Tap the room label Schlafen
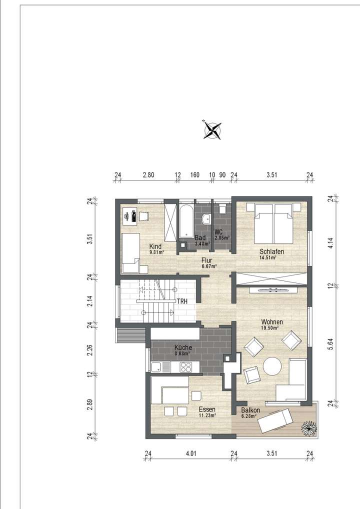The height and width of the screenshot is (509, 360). click(271, 251)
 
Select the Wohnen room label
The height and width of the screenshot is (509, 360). click(271, 321)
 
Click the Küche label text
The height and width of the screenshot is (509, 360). click(183, 347)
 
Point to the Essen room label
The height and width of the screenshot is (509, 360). click(206, 409)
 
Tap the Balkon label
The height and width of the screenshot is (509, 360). click(250, 409)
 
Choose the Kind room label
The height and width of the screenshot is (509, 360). click(155, 246)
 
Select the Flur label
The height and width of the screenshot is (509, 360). click(207, 260)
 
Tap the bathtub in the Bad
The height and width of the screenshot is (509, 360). click(185, 220)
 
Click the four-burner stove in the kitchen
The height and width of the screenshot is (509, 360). click(186, 366)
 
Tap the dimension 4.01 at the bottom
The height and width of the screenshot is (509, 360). click(190, 454)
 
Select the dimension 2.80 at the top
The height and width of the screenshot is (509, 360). click(148, 175)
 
